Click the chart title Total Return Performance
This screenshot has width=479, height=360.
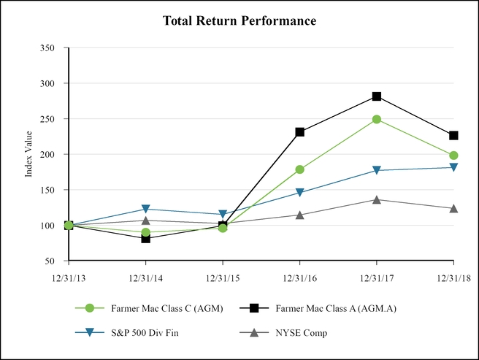pos(239,21)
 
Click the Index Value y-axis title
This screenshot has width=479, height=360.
pos(29,154)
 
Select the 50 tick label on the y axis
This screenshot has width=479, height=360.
pos(50,261)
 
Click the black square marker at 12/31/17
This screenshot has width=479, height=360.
pos(377,96)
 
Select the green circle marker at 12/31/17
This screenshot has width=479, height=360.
pos(377,119)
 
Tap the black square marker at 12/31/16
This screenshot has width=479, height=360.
pos(299,132)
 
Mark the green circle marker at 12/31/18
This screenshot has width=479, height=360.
pos(453,156)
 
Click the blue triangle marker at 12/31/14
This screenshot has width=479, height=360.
pos(145,210)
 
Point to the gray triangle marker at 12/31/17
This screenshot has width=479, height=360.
pos(377,199)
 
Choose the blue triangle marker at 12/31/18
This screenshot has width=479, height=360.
pos(453,167)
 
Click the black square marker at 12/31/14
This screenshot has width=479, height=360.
pos(145,238)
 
